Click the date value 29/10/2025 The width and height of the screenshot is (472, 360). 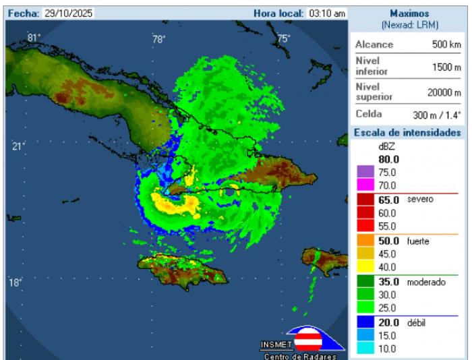pyautogui.click(x=69, y=13)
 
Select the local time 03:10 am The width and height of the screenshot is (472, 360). pyautogui.click(x=328, y=13)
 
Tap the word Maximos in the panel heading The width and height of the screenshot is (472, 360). pyautogui.click(x=410, y=13)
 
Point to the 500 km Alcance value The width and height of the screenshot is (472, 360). pyautogui.click(x=446, y=44)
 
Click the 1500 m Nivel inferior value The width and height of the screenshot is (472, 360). pyautogui.click(x=445, y=67)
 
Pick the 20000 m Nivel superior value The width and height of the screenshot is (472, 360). pyautogui.click(x=442, y=93)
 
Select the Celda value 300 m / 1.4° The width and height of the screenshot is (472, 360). pyautogui.click(x=437, y=115)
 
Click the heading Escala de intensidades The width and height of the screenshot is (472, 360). pyautogui.click(x=408, y=133)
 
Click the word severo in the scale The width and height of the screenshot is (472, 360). pyautogui.click(x=419, y=200)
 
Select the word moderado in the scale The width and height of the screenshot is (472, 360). pyautogui.click(x=426, y=282)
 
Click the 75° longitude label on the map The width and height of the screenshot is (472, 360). pyautogui.click(x=283, y=38)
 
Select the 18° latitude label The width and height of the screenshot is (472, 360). pyautogui.click(x=16, y=282)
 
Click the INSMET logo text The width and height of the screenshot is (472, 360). pyautogui.click(x=276, y=345)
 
